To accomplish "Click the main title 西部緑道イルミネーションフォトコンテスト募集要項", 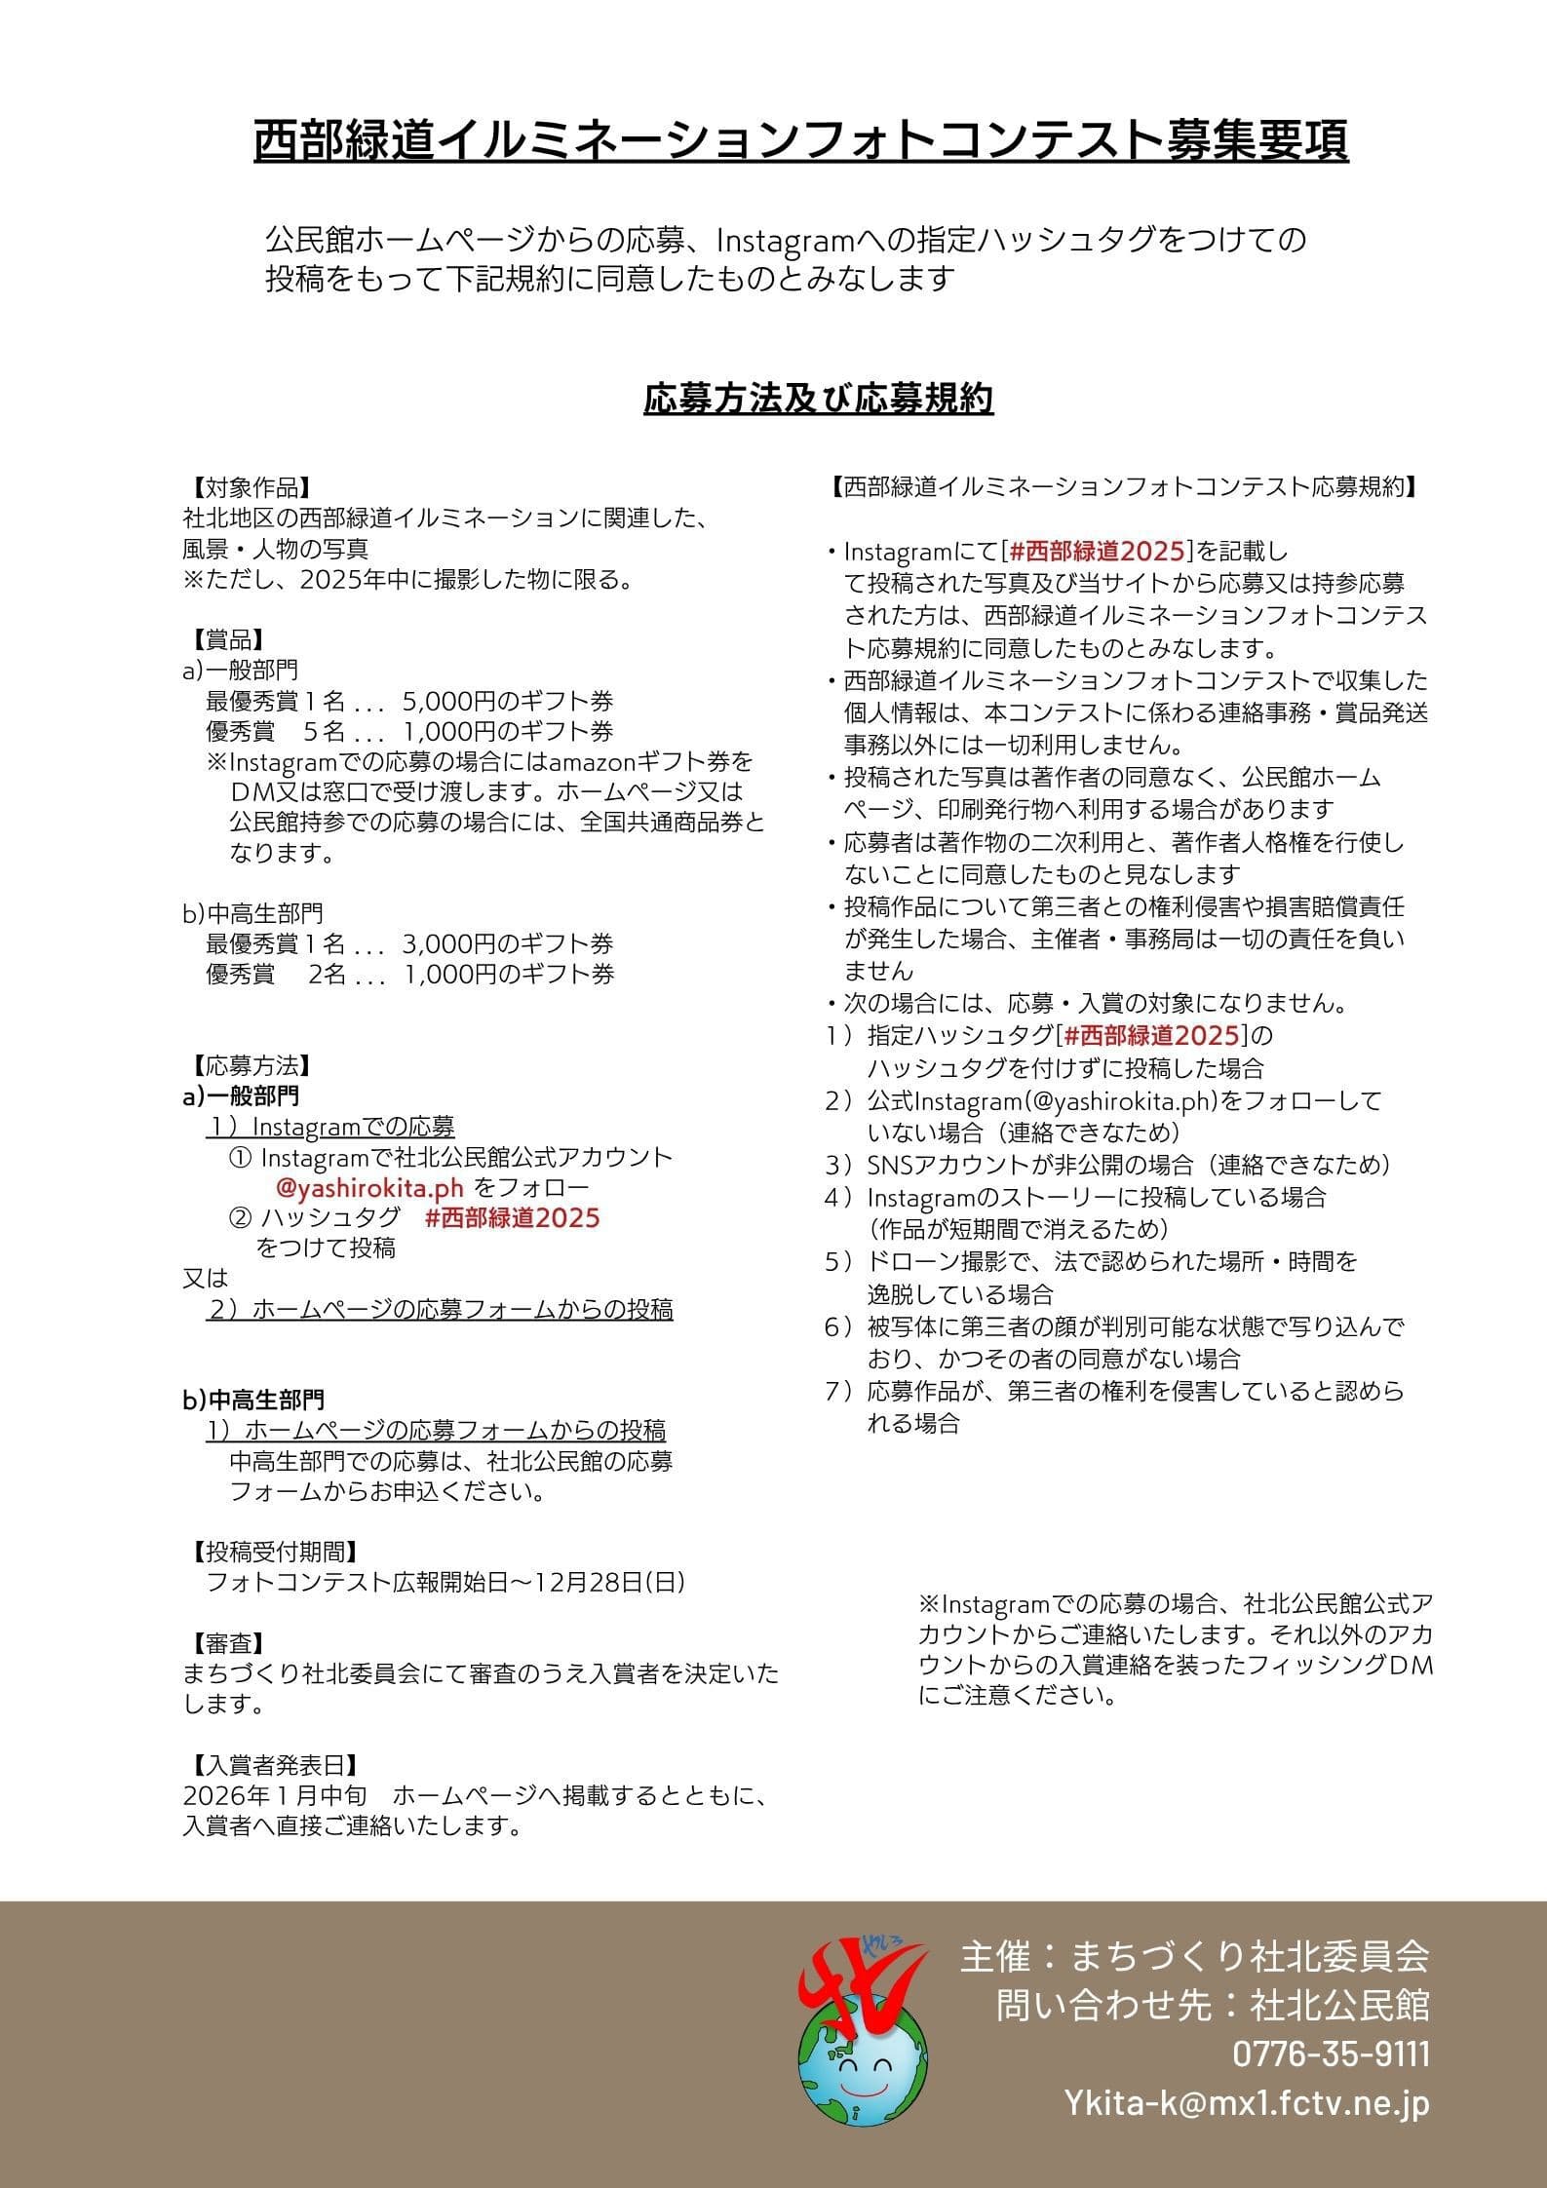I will point(800,142).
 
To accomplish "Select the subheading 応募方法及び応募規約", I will point(818,400).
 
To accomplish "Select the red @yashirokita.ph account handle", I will point(369,1188).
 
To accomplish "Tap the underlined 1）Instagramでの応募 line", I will point(330,1128).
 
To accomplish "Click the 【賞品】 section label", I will point(224,639).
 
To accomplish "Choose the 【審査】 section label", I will point(224,1644).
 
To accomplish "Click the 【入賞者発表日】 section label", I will point(271,1765).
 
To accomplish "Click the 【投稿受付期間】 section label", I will point(271,1551).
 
